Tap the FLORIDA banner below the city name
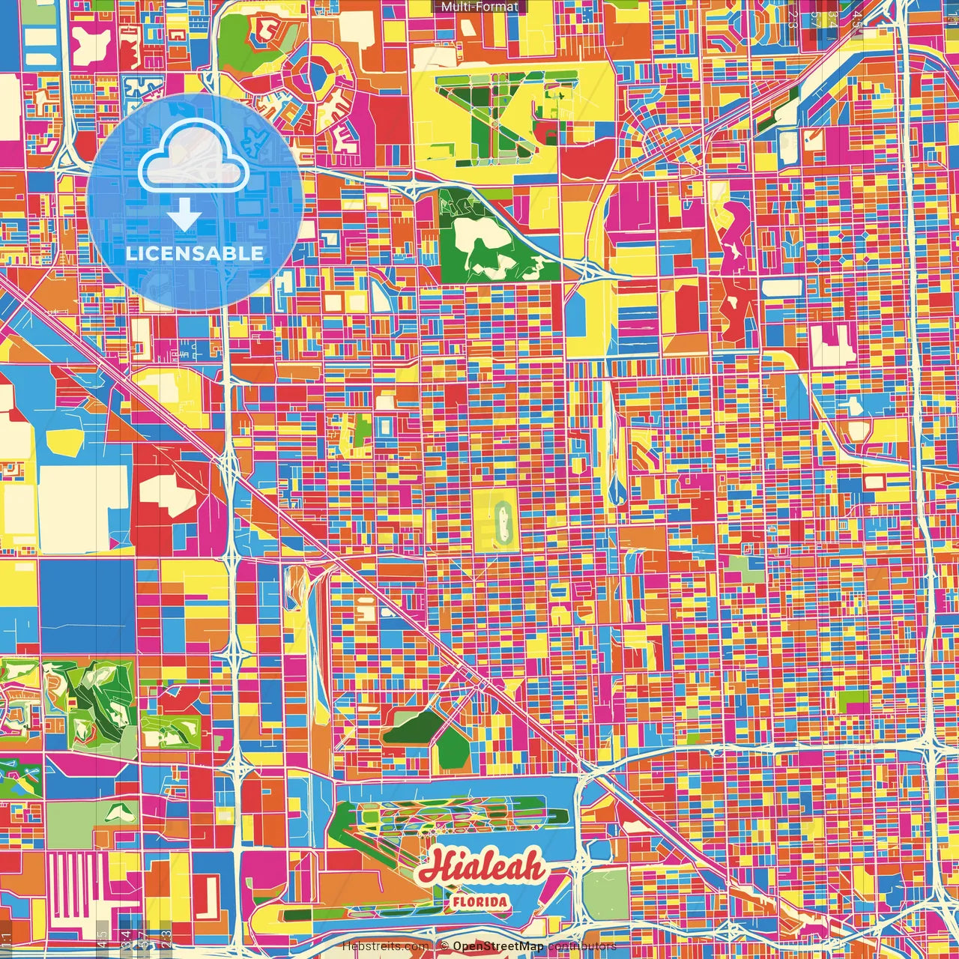tap(479, 901)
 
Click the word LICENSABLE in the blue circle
tap(195, 253)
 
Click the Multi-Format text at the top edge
tap(479, 7)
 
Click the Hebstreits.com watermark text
tap(385, 946)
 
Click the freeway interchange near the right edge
tap(929, 742)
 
